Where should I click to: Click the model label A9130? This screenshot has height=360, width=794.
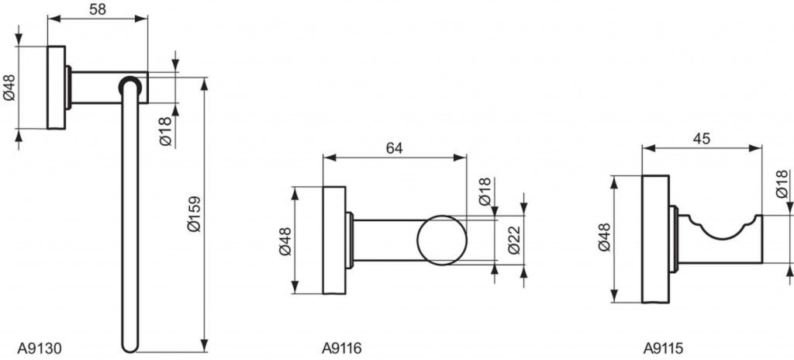40,349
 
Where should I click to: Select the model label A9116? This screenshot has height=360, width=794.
342,349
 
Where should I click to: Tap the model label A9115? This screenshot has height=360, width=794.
664,349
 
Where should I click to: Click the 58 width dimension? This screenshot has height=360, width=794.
97,9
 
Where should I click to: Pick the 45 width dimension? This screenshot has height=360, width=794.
701,138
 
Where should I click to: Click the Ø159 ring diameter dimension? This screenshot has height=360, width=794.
194,213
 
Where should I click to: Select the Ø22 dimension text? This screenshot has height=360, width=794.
513,240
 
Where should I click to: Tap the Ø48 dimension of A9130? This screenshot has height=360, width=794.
9,87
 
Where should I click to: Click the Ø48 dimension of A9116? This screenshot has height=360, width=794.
285,241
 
